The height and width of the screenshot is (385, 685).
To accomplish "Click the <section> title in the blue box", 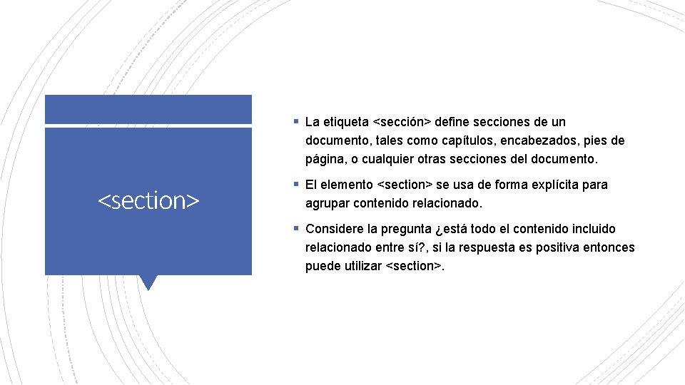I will click(148, 201).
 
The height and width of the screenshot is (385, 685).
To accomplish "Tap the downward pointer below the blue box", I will click(148, 282).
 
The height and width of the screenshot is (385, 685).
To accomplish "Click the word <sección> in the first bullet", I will click(406, 122).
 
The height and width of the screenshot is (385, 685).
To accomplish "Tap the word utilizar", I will click(360, 266).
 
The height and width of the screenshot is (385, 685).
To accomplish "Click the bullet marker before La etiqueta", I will click(295, 122).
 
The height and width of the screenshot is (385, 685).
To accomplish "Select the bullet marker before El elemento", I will click(295, 185).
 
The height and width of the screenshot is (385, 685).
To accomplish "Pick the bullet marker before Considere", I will click(295, 229).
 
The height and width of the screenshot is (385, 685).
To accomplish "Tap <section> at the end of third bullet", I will click(414, 266).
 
